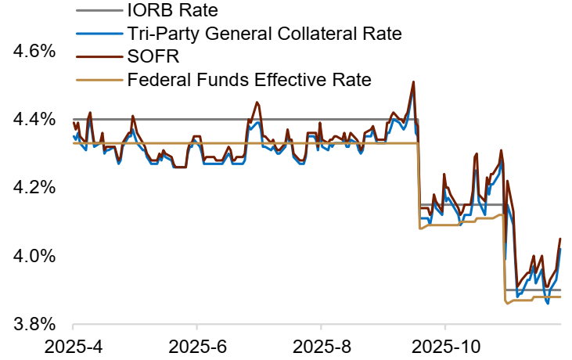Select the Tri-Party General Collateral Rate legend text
click(264, 33)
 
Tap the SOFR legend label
click(153, 56)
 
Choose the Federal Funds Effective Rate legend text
click(248, 79)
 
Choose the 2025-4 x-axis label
click(73, 345)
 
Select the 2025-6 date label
click(196, 345)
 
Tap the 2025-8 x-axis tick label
click(320, 345)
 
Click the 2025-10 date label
click(444, 345)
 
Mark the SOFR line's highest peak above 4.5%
click(413, 81)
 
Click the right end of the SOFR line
click(560, 239)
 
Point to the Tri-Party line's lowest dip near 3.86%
click(548, 304)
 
